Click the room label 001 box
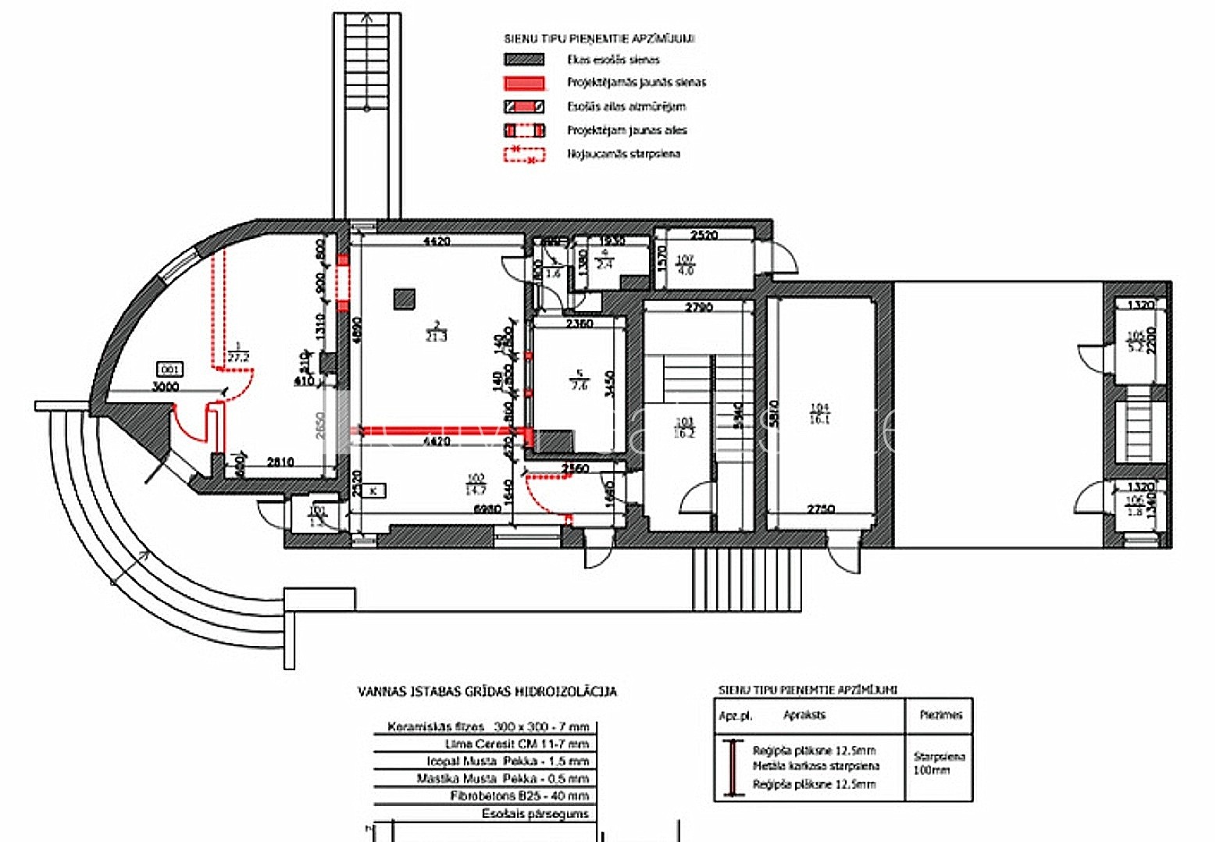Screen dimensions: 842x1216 (169, 369)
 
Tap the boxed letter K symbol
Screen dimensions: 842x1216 (374, 491)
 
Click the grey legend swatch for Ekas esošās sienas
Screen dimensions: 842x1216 (524, 59)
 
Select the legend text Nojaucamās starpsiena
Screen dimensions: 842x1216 (623, 154)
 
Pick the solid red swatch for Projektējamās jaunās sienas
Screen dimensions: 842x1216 (524, 83)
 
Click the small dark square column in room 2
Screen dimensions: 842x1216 (405, 298)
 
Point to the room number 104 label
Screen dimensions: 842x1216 (819, 407)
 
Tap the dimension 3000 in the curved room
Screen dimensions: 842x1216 (165, 386)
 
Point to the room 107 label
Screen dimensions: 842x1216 (685, 259)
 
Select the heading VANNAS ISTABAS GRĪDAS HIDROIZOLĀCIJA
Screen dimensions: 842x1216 (487, 691)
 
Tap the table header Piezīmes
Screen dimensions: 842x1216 (940, 715)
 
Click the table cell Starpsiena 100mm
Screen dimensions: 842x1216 (939, 763)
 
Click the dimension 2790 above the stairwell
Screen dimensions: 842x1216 (699, 307)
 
